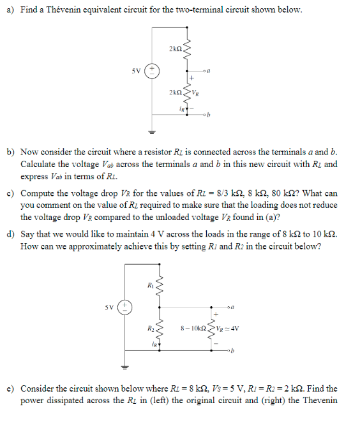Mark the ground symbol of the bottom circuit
126,367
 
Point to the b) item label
11,152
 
